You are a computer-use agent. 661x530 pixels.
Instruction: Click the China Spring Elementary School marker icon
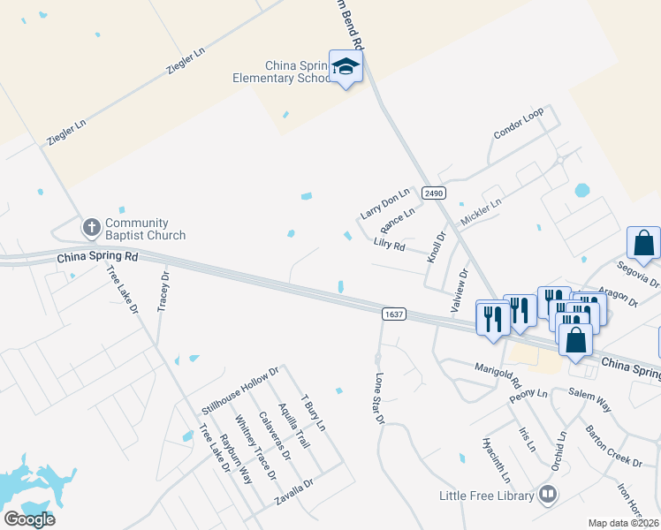[x=346, y=66]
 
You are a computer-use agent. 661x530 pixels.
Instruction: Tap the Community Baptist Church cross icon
[x=91, y=228]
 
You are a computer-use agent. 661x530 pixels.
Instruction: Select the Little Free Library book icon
[x=548, y=496]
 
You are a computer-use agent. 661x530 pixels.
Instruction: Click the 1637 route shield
[x=394, y=314]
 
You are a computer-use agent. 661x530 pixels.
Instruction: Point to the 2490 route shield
[x=433, y=193]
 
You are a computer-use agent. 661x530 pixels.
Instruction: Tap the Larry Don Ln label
[x=385, y=204]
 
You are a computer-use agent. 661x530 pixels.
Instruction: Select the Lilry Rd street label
[x=389, y=244]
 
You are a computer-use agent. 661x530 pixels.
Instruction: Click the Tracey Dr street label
[x=163, y=291]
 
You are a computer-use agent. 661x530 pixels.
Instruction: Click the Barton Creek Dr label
[x=613, y=446]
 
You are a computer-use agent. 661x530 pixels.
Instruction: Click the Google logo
[x=29, y=519]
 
